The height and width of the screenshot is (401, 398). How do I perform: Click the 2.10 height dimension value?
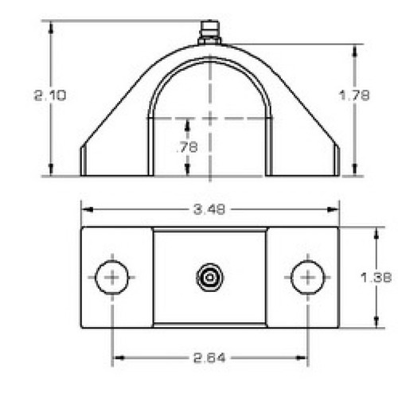[x=49, y=95]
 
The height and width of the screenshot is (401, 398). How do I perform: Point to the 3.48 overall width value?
[x=210, y=209]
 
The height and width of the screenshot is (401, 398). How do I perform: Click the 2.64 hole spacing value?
[x=210, y=359]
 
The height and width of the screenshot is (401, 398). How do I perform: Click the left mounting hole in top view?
[x=112, y=278]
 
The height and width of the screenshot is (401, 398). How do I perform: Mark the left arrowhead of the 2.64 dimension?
[x=116, y=359]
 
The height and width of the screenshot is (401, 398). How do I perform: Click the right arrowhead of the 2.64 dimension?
[x=303, y=359]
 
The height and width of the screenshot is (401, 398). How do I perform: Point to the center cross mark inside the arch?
[x=210, y=118]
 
